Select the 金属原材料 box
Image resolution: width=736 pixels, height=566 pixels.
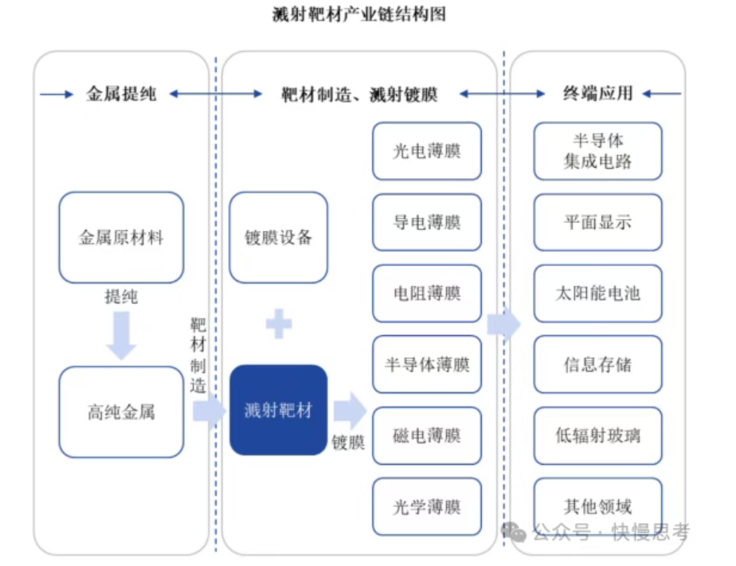[x=121, y=237]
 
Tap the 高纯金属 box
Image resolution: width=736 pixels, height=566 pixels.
[x=121, y=412]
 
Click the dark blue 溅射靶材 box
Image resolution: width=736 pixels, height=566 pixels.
[x=279, y=410]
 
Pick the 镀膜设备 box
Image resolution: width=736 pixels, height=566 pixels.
[x=279, y=237]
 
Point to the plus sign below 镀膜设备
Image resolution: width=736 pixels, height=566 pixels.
[x=279, y=324]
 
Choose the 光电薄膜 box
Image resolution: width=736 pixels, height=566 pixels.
[x=427, y=150]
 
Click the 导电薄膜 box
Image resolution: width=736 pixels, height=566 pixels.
[x=427, y=222]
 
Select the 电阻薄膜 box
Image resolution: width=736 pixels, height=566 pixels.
[x=427, y=293]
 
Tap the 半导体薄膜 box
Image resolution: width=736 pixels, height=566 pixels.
[x=427, y=365]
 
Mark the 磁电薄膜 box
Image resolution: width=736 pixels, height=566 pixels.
[x=427, y=435]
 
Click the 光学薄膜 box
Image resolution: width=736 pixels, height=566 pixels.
[x=427, y=506]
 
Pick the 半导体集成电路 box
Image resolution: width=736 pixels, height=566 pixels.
[x=597, y=151]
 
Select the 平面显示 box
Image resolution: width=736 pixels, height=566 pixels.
[x=597, y=222]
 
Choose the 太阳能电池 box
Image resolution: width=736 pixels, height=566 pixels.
[x=597, y=293]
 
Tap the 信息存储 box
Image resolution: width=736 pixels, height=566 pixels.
[x=597, y=365]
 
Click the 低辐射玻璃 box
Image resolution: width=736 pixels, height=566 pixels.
[x=597, y=435]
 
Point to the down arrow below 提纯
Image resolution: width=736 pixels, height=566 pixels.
[x=121, y=334]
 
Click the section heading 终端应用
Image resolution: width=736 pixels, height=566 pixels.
[x=597, y=94]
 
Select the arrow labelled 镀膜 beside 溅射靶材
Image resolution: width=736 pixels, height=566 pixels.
[x=349, y=411]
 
